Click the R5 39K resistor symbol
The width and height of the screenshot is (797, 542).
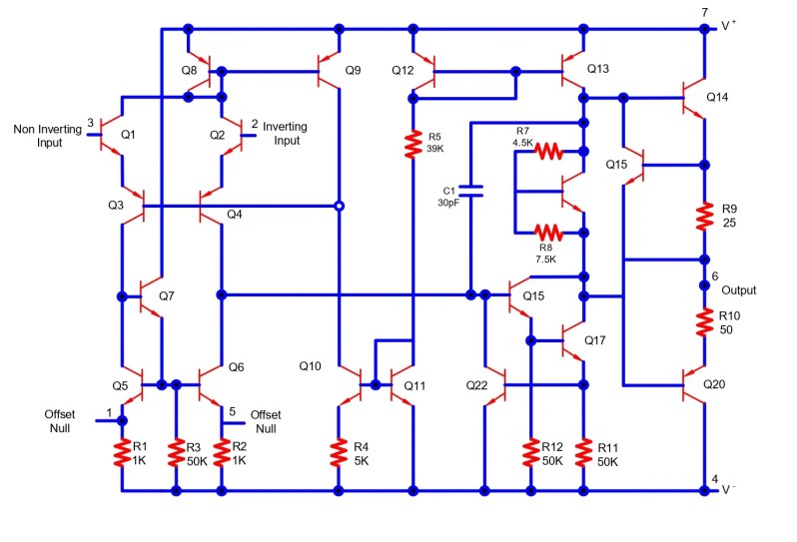point(411,145)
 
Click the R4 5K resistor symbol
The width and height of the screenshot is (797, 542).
point(340,453)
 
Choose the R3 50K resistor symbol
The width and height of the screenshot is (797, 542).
point(176,453)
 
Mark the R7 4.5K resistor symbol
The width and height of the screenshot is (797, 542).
point(548,152)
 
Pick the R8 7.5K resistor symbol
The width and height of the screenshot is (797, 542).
point(548,233)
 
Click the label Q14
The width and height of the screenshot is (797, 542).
point(718,98)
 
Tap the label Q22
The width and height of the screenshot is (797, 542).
point(477,385)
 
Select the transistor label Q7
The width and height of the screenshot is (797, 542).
point(166,296)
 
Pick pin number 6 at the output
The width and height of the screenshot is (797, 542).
point(714,275)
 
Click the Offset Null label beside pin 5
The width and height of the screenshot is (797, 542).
point(265,421)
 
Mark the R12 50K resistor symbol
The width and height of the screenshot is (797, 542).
point(530,453)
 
